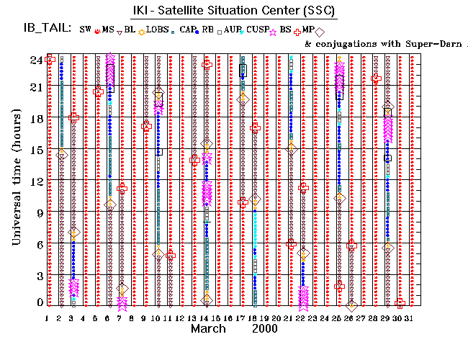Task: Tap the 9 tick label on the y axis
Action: [x=35, y=212]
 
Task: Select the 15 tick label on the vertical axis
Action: [x=32, y=150]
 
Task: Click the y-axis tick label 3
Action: [x=35, y=276]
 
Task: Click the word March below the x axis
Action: [x=210, y=329]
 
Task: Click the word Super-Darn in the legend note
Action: [x=410, y=44]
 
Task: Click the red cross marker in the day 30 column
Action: [x=400, y=303]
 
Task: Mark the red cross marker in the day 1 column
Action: [x=50, y=60]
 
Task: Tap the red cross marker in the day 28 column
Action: [x=375, y=78]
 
